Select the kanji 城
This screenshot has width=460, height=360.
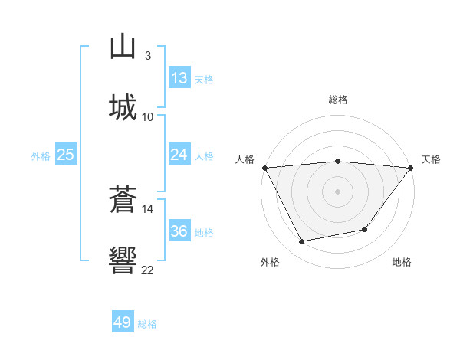[x=123, y=106]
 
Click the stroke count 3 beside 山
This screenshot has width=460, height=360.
[x=148, y=56]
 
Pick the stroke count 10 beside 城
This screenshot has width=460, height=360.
[x=148, y=116]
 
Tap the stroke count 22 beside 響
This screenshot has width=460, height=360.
[x=148, y=270]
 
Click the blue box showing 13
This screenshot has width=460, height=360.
[x=179, y=78]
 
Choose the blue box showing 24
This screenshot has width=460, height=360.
[x=179, y=155]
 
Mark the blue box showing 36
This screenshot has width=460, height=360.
[x=179, y=231]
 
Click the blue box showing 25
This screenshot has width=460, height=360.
[x=66, y=155]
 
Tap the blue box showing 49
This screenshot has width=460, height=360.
[x=123, y=323]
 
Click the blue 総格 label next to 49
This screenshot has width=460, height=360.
[x=147, y=324]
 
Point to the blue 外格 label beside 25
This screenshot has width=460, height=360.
[x=41, y=155]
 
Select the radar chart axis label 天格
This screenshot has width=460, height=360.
[x=431, y=159]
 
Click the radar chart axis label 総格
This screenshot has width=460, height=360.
[x=338, y=100]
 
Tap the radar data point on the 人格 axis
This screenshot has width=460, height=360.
[x=264, y=168]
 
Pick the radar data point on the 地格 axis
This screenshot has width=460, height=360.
[x=365, y=229]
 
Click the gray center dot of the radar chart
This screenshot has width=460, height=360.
[x=338, y=191]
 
